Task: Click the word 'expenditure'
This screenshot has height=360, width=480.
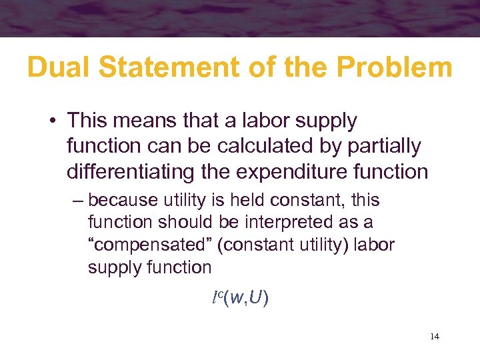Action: click(x=304, y=171)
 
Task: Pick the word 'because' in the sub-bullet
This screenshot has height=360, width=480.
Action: click(x=119, y=199)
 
